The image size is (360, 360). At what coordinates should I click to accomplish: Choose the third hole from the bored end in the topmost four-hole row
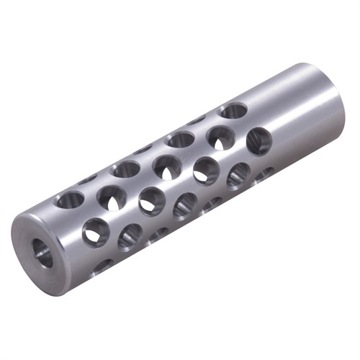click(180, 139)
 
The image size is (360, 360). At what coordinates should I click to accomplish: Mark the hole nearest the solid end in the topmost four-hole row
click(233, 112)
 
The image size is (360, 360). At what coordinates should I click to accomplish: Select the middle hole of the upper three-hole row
click(166, 165)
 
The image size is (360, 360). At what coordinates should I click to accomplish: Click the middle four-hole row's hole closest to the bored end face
click(95, 230)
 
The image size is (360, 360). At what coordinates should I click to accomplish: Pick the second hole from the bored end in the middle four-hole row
click(151, 199)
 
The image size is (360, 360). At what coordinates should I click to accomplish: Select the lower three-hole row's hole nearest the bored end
click(130, 235)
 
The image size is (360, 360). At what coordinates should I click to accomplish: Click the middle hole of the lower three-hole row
click(185, 205)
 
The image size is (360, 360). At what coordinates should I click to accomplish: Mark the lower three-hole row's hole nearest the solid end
click(238, 176)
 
